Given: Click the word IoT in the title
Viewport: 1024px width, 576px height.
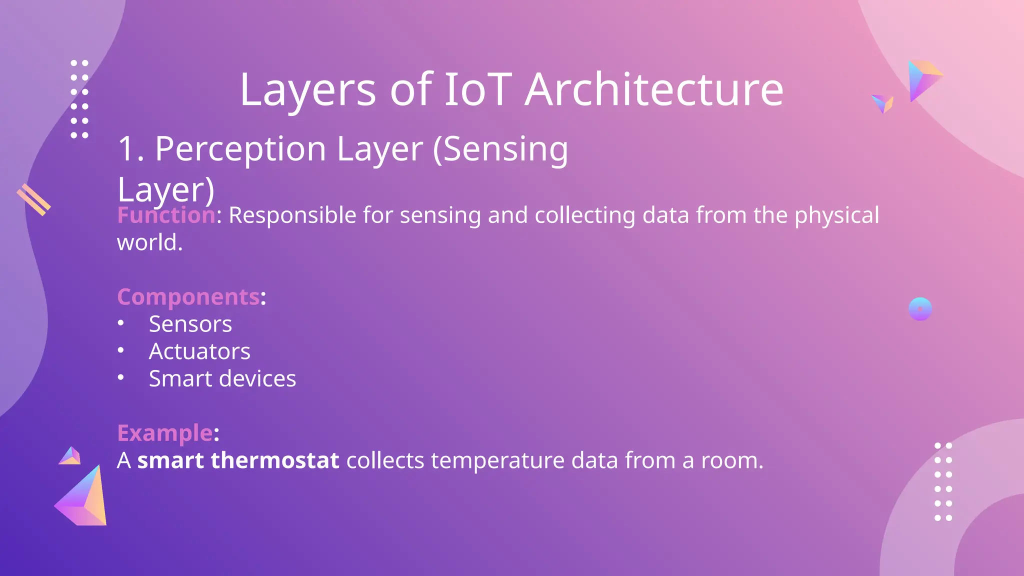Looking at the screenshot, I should pyautogui.click(x=478, y=90).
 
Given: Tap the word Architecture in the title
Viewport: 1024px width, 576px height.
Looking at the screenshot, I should pyautogui.click(x=654, y=90).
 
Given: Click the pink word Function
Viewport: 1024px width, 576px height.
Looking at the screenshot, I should pyautogui.click(x=166, y=215).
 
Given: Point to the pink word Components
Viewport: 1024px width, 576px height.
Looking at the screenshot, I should pyautogui.click(x=188, y=297).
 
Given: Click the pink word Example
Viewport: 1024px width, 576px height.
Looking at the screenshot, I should pyautogui.click(x=165, y=433).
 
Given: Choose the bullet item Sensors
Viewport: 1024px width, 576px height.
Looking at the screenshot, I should pyautogui.click(x=190, y=324).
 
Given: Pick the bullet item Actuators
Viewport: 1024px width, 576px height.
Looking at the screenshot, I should pyautogui.click(x=199, y=351).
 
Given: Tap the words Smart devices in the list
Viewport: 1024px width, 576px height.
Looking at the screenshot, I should pyautogui.click(x=222, y=379).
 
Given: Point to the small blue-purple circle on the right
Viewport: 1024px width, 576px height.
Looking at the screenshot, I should pyautogui.click(x=920, y=309).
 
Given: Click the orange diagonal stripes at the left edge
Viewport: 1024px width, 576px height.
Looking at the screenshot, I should pyautogui.click(x=33, y=200).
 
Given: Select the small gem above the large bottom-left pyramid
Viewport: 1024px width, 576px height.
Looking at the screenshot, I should pyautogui.click(x=70, y=456).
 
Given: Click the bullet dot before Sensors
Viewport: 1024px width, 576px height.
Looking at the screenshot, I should pyautogui.click(x=120, y=323).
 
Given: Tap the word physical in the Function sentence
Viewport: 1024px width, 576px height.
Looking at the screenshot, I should pyautogui.click(x=836, y=215).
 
